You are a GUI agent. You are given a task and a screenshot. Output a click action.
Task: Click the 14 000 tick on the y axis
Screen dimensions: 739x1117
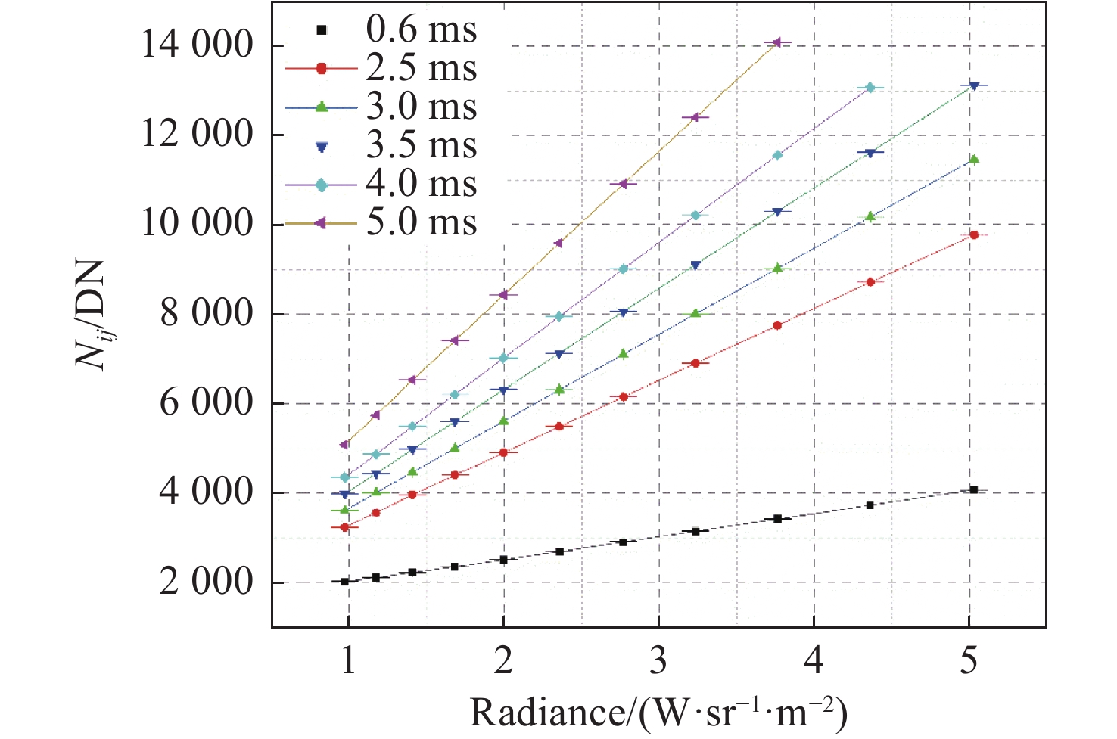(x=196, y=46)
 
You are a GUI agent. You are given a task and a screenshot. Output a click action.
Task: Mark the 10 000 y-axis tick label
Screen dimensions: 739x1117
(x=196, y=225)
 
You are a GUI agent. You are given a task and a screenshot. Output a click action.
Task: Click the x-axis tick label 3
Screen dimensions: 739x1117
(x=658, y=660)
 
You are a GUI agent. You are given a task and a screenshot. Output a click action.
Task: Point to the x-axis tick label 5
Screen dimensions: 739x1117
(x=969, y=660)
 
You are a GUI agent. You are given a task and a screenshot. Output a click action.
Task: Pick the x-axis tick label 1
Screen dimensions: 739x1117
(x=348, y=660)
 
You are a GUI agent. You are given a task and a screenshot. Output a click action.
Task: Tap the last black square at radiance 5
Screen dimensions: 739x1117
(x=974, y=490)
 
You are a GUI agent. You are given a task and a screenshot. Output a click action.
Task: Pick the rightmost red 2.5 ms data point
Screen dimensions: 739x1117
(x=974, y=235)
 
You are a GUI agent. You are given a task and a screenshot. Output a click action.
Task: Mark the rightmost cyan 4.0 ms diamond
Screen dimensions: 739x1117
(x=870, y=88)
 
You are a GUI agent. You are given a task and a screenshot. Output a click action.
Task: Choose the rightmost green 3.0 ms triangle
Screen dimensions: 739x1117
(x=974, y=159)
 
